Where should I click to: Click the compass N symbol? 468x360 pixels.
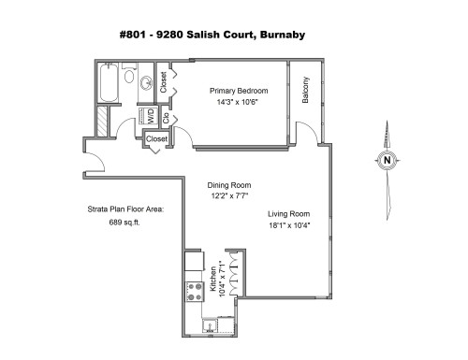coord(388,161)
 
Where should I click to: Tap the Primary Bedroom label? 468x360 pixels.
coord(238,91)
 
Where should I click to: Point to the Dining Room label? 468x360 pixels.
coord(229,185)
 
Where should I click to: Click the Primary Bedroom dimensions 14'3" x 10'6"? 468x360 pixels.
coord(238,103)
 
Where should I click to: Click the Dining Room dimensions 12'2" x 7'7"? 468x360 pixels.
coord(229,197)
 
